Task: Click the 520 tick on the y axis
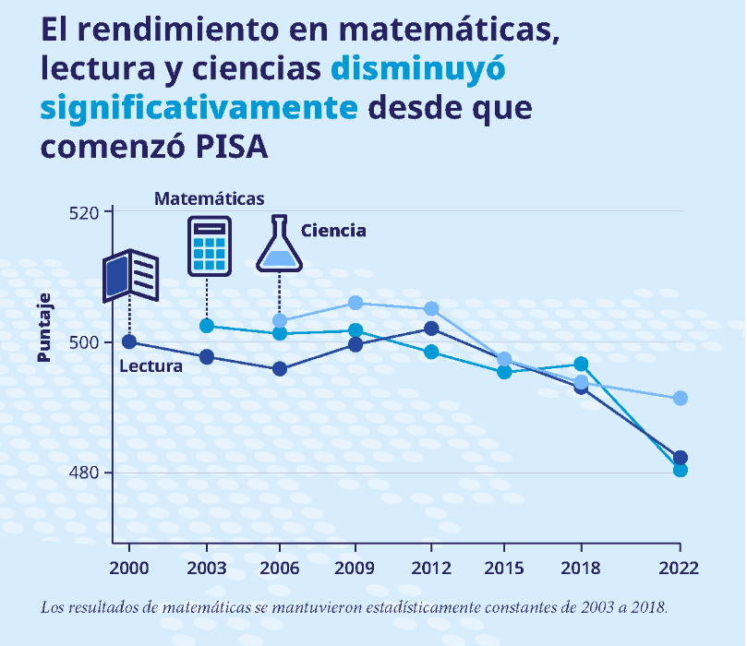[89, 211]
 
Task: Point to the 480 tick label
[89, 473]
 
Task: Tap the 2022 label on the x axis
[680, 568]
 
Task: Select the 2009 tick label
[356, 568]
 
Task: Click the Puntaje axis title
[43, 327]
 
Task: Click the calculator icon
[209, 246]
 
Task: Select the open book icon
[130, 274]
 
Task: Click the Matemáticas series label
[209, 198]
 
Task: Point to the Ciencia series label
[333, 231]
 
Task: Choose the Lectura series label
[151, 366]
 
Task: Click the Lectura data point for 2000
[129, 342]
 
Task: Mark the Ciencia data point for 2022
[680, 398]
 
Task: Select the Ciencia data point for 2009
[356, 303]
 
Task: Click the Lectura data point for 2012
[430, 329]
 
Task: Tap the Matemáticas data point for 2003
[207, 326]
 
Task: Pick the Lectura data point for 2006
[280, 369]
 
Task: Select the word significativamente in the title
[199, 108]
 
